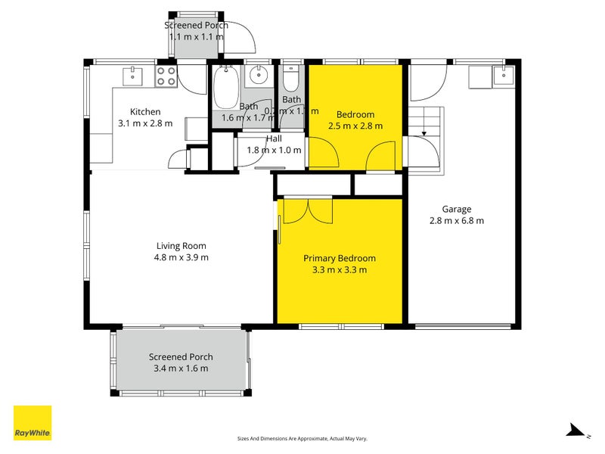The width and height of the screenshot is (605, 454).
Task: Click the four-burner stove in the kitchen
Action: coord(166,76)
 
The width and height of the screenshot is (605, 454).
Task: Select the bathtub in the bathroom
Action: coord(226,89)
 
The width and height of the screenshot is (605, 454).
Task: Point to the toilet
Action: coord(292,79)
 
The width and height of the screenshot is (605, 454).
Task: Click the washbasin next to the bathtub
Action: coord(259,75)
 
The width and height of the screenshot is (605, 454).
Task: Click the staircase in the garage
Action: coord(427,121)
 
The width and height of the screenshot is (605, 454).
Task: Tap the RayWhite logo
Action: coord(33,423)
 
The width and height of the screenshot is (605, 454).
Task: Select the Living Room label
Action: coord(181,245)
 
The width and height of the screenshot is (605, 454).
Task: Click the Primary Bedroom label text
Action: coord(339,258)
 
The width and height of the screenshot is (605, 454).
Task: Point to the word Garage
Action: coord(457,210)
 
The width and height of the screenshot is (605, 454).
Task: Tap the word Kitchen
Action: coord(145,112)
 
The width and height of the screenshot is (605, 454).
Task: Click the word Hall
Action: coord(274,138)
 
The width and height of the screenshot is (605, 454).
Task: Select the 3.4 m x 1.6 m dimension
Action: coord(181,368)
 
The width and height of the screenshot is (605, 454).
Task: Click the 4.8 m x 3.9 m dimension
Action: coord(181,257)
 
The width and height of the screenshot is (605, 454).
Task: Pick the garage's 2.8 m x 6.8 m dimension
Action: coord(457,221)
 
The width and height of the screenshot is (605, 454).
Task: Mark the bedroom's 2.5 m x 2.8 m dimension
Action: coord(355,126)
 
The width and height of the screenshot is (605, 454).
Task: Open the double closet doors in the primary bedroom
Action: coord(306,210)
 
